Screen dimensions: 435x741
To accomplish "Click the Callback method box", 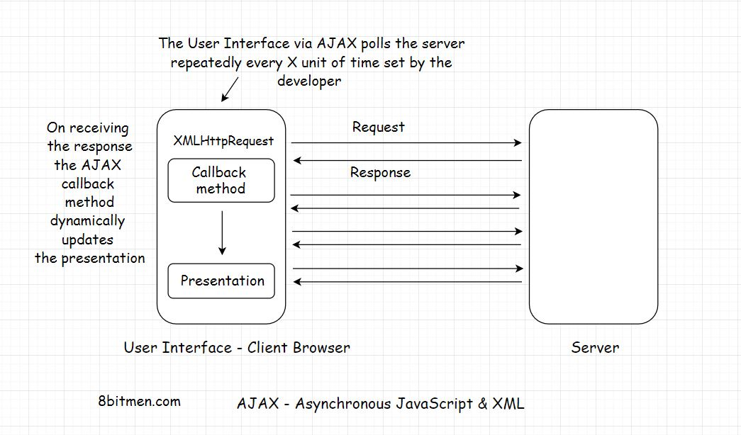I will pyautogui.click(x=221, y=181).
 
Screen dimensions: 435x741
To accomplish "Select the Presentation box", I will pyautogui.click(x=221, y=281).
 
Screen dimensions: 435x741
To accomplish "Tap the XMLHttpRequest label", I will pyautogui.click(x=223, y=141).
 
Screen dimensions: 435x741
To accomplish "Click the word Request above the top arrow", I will pyautogui.click(x=379, y=128).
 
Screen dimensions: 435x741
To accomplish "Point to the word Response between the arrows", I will pyautogui.click(x=380, y=172).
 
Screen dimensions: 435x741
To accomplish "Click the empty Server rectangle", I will pyautogui.click(x=593, y=217).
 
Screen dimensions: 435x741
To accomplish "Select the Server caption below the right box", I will pyautogui.click(x=595, y=348).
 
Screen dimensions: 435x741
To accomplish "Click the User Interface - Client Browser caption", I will pyautogui.click(x=237, y=348).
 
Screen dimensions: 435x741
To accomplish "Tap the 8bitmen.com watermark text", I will pyautogui.click(x=140, y=401).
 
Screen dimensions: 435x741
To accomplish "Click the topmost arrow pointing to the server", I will pyautogui.click(x=406, y=143).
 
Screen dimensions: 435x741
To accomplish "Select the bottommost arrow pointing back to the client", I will pyautogui.click(x=408, y=282).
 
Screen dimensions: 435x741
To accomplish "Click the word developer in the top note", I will pyautogui.click(x=309, y=81).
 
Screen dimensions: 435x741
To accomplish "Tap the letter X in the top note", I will pyautogui.click(x=293, y=62).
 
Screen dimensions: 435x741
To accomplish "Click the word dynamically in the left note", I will pyautogui.click(x=87, y=221).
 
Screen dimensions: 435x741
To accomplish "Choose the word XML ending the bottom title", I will pyautogui.click(x=509, y=404).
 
